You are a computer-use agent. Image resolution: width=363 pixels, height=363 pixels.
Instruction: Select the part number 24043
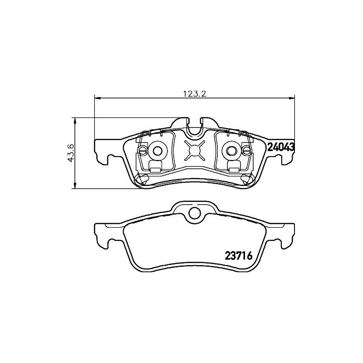(281, 147)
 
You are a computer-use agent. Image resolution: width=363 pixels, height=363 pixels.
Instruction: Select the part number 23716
(238, 255)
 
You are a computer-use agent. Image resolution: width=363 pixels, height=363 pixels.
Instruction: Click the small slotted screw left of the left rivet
(143, 151)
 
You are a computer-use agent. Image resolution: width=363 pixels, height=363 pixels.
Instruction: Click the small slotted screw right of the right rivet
(247, 151)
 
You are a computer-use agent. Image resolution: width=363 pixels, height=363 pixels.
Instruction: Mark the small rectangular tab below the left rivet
(155, 170)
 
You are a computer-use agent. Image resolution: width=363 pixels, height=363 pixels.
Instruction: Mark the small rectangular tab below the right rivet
(235, 170)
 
